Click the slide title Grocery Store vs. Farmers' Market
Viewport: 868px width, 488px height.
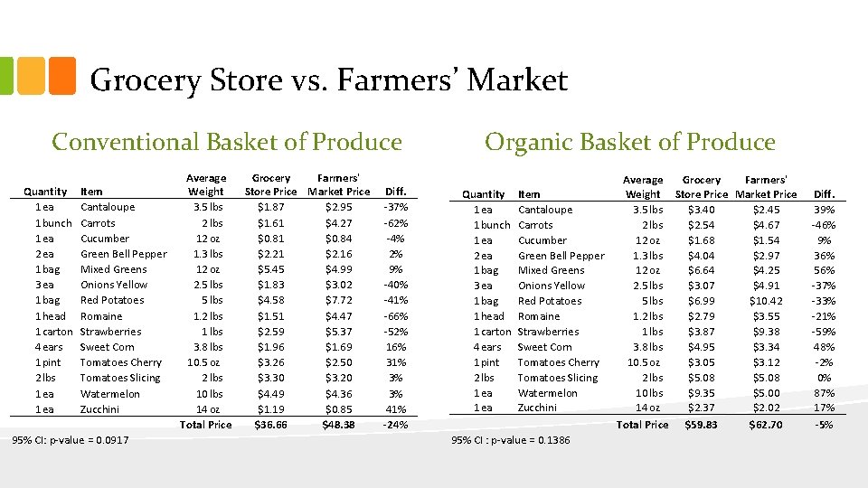pos(329,80)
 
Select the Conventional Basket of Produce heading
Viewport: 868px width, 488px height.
pos(227,142)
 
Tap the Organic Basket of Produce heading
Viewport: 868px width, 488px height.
pos(630,142)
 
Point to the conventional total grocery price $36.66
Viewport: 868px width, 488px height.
pos(270,425)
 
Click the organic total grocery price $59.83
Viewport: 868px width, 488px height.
pos(701,425)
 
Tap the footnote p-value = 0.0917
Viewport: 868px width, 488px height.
pos(70,440)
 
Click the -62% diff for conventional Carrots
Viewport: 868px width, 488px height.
pos(395,222)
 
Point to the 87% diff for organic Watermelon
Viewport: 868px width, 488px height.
pos(824,393)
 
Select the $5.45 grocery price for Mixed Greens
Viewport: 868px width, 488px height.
pos(270,269)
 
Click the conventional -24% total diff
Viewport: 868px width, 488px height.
pos(395,425)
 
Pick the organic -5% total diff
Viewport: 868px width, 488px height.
pos(824,425)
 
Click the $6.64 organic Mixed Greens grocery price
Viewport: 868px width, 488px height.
pos(701,270)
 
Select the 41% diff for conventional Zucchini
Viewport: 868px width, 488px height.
pos(395,409)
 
